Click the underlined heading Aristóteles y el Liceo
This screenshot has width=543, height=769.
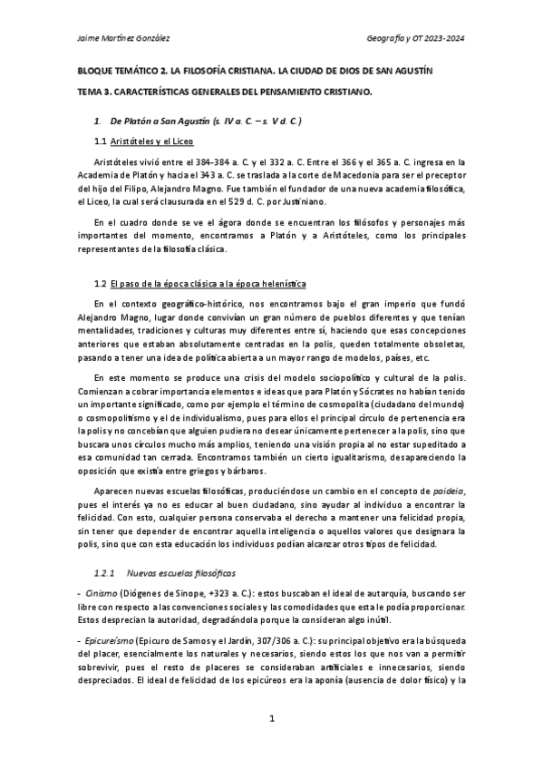(151, 142)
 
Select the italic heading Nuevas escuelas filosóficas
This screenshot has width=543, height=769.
(169, 573)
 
